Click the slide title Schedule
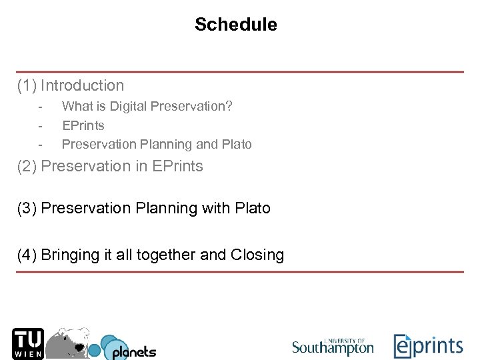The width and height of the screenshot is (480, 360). [x=235, y=25]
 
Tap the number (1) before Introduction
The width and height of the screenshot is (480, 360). [x=27, y=85]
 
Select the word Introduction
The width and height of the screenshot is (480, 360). [x=82, y=85]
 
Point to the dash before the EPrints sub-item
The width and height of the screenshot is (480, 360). [x=41, y=125]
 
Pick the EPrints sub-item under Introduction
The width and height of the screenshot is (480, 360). [x=83, y=125]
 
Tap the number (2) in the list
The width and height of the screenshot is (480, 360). [x=27, y=166]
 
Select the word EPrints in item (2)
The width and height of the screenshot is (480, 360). [x=177, y=166]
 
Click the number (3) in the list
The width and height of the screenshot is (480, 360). [x=27, y=208]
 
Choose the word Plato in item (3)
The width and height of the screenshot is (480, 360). [x=253, y=208]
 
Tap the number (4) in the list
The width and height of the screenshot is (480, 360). [x=27, y=255]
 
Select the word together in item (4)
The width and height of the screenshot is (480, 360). [x=165, y=255]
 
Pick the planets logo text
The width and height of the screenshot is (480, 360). [x=133, y=351]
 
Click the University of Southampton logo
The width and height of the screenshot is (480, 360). [x=333, y=345]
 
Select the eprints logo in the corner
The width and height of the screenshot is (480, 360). [x=427, y=345]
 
